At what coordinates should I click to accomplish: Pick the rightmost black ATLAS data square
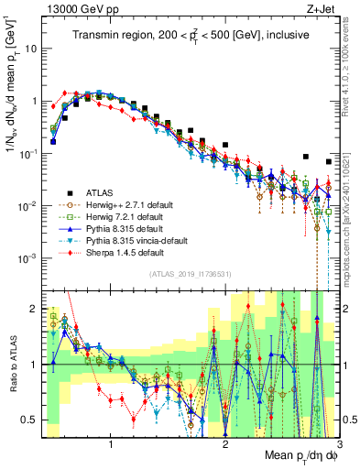pyautogui.click(x=328, y=162)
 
